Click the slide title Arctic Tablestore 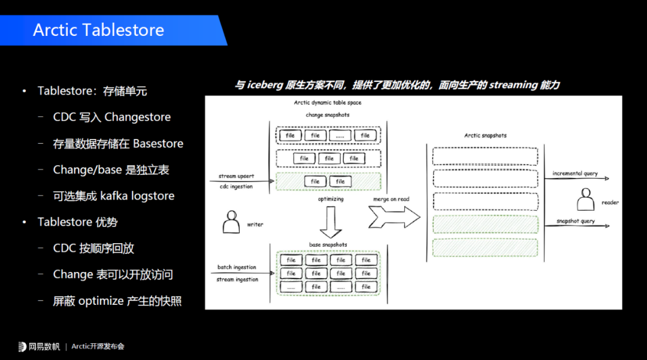coord(98,30)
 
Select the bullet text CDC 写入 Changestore coord(111,117)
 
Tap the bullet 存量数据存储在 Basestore coord(118,144)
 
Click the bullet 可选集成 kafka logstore coord(113,196)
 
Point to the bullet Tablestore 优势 coord(77,222)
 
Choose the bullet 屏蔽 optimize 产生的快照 coord(117,301)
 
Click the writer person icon coord(231,222)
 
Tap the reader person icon coord(585,199)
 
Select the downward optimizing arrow coord(331,223)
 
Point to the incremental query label coord(575,174)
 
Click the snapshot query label coord(575,221)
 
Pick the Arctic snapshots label coord(485,135)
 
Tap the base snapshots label coord(328,245)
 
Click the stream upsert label coord(236,177)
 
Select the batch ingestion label coord(237,267)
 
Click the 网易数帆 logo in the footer coord(40,346)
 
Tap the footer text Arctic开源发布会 coord(98,346)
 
